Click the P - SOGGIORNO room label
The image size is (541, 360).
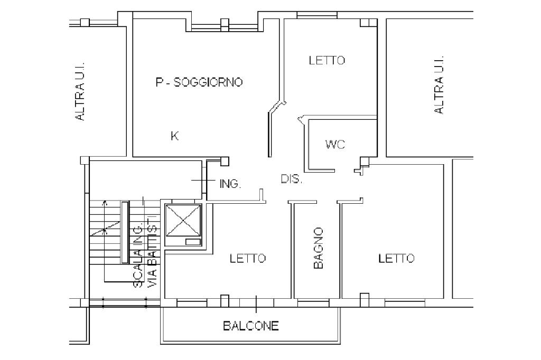pos(199,82)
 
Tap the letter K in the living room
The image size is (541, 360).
pos(174,136)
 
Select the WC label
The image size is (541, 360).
pos(335,144)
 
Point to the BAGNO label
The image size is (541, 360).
pos(318,248)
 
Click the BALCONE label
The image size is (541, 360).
pos(251,326)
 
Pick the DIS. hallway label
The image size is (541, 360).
pos(292,179)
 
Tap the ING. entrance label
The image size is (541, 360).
pos(230,184)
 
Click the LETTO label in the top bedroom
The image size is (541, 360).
pos(327,60)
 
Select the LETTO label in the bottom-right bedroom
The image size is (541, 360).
pos(396,258)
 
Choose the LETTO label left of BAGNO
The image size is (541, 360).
pos(248,258)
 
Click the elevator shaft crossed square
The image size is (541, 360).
pos(183,220)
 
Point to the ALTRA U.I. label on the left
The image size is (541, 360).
pos(80,91)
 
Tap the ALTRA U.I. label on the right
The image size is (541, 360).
pos(439,85)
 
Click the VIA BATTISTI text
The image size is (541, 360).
pos(152,252)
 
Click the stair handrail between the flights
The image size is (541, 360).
pos(125,232)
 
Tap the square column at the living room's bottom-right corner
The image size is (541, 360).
pos(225,161)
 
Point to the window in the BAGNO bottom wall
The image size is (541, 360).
pos(313,304)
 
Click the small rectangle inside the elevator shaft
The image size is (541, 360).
pos(193,242)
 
